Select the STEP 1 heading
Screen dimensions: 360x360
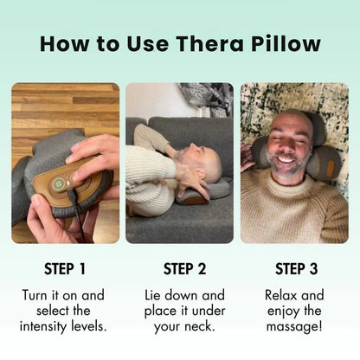[65, 268]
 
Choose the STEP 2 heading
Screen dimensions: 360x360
[179, 268]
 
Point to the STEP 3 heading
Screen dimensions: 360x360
[293, 268]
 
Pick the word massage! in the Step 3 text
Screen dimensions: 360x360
[294, 326]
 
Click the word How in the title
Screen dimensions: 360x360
[61, 42]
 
